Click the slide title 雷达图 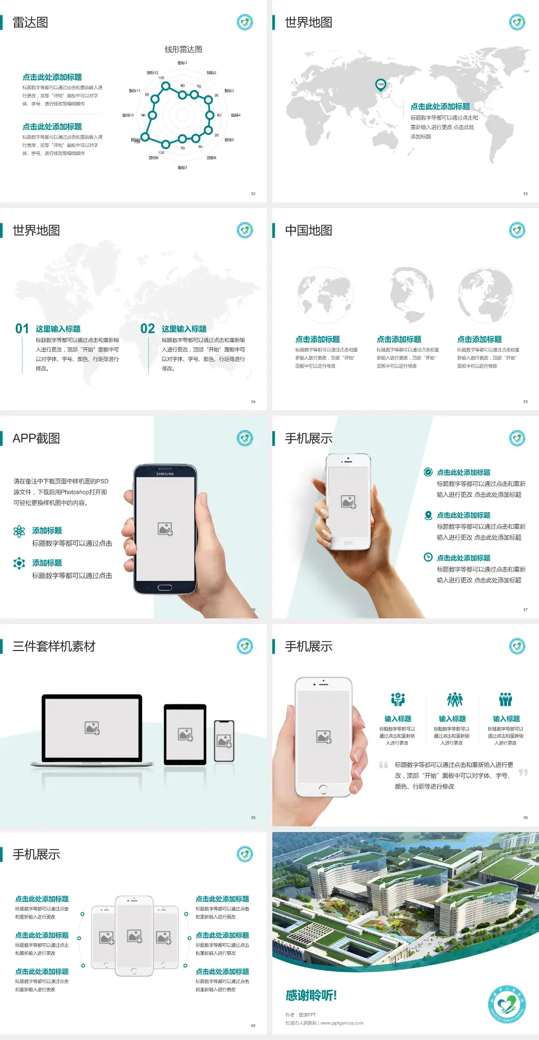pyautogui.click(x=30, y=22)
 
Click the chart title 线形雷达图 pyautogui.click(x=183, y=49)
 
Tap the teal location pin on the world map pyautogui.click(x=380, y=85)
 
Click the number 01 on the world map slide pyautogui.click(x=22, y=328)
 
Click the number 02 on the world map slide pyautogui.click(x=148, y=328)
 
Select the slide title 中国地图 pyautogui.click(x=308, y=230)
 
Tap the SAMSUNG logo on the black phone pyautogui.click(x=165, y=474)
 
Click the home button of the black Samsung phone pyautogui.click(x=165, y=587)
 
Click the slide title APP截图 pyautogui.click(x=36, y=438)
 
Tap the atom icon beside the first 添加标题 pyautogui.click(x=19, y=531)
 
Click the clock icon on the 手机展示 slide pyautogui.click(x=428, y=557)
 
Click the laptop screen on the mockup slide pyautogui.click(x=92, y=727)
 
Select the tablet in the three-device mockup pyautogui.click(x=185, y=734)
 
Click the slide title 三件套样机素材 pyautogui.click(x=54, y=646)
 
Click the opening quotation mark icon pyautogui.click(x=383, y=765)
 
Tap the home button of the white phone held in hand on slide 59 pyautogui.click(x=323, y=789)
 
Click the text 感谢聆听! pyautogui.click(x=311, y=996)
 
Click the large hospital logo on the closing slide pyautogui.click(x=507, y=1003)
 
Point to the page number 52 pyautogui.click(x=253, y=193)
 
